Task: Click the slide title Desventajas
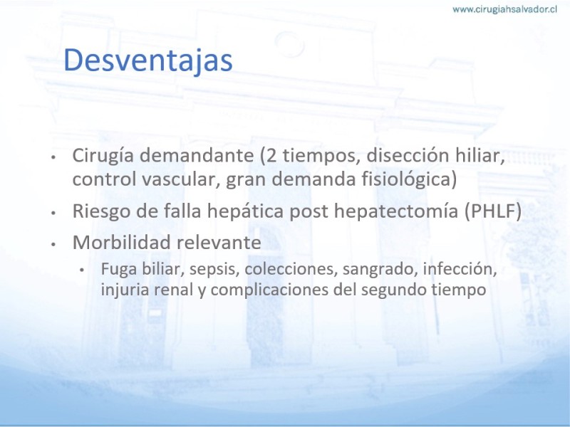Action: pyautogui.click(x=148, y=60)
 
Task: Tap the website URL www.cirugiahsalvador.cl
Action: pyautogui.click(x=504, y=9)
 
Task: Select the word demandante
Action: pyautogui.click(x=197, y=155)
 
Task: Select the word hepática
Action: pyautogui.click(x=245, y=211)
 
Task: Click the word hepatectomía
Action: pyautogui.click(x=396, y=211)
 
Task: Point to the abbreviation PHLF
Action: pyautogui.click(x=493, y=211)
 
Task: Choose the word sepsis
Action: pyautogui.click(x=214, y=270)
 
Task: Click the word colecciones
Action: pyautogui.click(x=291, y=270)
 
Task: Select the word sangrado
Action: pyautogui.click(x=380, y=270)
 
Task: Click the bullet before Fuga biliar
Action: pyautogui.click(x=82, y=270)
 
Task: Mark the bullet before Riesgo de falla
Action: pyautogui.click(x=53, y=213)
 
